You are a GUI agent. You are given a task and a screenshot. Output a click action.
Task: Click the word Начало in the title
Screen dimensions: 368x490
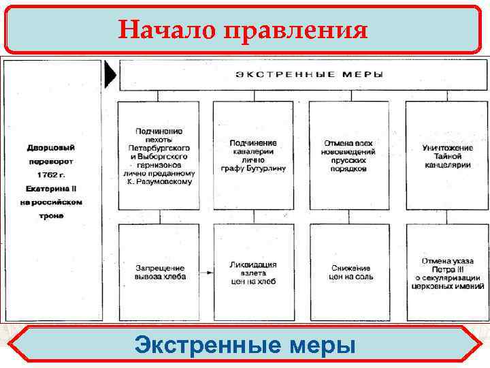159,30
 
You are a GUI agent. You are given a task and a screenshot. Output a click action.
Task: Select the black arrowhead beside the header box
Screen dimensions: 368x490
110,74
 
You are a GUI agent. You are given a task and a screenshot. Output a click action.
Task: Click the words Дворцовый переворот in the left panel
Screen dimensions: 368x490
51,154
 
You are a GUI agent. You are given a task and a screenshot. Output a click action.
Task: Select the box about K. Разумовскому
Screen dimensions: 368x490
159,156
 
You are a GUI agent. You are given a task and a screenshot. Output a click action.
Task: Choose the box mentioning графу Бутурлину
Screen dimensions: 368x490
253,156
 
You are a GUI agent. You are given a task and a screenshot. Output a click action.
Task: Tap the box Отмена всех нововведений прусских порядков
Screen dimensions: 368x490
349,156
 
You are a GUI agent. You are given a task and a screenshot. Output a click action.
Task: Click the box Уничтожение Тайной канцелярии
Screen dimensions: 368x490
446,156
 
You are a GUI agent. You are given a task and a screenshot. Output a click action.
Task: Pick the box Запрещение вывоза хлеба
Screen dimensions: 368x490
159,272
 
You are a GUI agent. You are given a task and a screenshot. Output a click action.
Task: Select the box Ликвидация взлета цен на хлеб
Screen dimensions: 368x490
253,272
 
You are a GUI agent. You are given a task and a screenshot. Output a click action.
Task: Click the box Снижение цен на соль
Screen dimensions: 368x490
349,272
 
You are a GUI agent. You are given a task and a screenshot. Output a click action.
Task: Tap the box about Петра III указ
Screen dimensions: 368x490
446,272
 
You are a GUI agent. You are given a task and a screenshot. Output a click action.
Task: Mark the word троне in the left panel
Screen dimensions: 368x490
51,215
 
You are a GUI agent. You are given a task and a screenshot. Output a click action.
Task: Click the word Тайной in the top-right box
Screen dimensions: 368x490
446,156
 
